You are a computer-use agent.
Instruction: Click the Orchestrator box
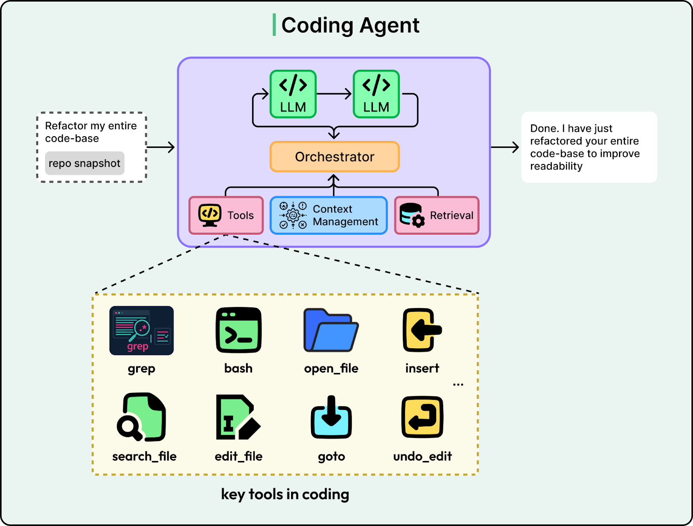pyautogui.click(x=334, y=157)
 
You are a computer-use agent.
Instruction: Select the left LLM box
pyautogui.click(x=293, y=94)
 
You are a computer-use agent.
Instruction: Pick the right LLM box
pyautogui.click(x=376, y=94)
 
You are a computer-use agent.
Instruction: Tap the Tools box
pyautogui.click(x=226, y=215)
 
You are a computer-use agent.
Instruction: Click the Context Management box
pyautogui.click(x=328, y=215)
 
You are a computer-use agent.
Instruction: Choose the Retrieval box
pyautogui.click(x=437, y=215)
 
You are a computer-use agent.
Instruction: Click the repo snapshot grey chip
pyautogui.click(x=84, y=163)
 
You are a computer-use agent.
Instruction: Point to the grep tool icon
pyautogui.click(x=141, y=330)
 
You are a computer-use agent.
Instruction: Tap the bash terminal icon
pyautogui.click(x=238, y=330)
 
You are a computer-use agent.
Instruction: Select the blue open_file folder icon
pyautogui.click(x=331, y=330)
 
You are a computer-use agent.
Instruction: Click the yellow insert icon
pyautogui.click(x=422, y=330)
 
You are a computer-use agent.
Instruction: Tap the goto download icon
pyautogui.click(x=331, y=417)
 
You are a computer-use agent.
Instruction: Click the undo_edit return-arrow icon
pyautogui.click(x=422, y=417)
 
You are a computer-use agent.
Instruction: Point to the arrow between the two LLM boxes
pyautogui.click(x=334, y=94)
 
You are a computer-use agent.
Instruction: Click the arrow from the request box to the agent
pyautogui.click(x=161, y=147)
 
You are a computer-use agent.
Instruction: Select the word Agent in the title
pyautogui.click(x=389, y=25)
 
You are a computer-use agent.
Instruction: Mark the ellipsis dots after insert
pyautogui.click(x=458, y=385)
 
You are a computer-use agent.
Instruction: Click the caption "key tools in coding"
pyautogui.click(x=285, y=494)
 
